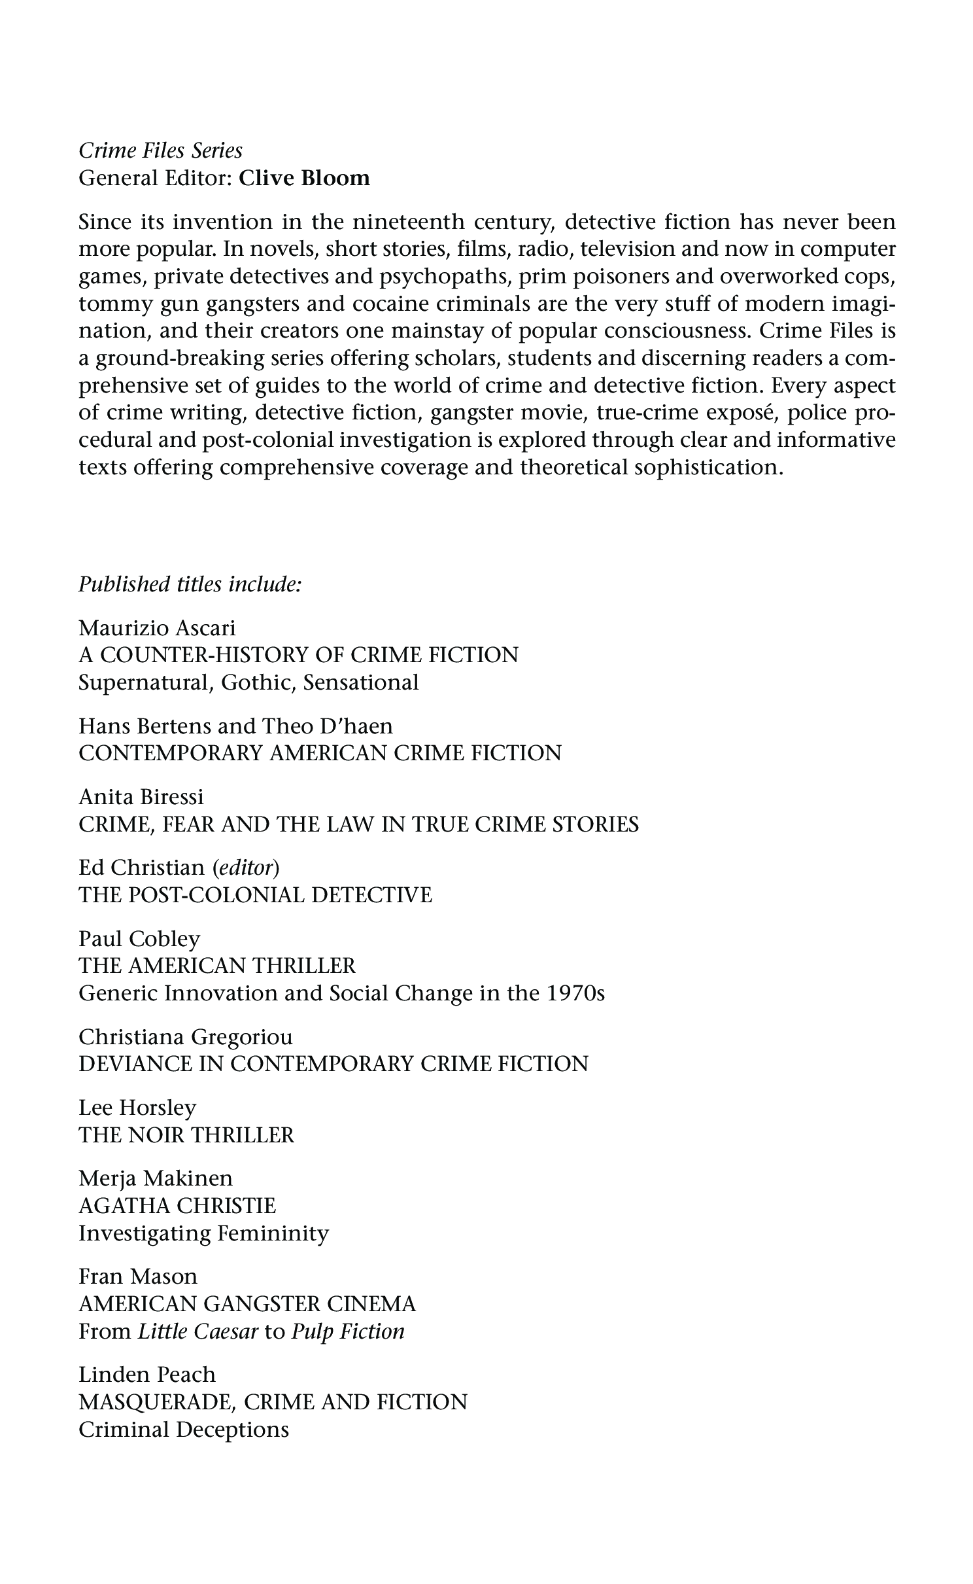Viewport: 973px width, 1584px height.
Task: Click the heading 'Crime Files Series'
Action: [x=160, y=151]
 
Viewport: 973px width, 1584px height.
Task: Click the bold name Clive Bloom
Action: [x=304, y=178]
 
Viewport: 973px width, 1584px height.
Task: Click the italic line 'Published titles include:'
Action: [x=190, y=584]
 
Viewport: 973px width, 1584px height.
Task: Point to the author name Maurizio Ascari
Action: [x=157, y=628]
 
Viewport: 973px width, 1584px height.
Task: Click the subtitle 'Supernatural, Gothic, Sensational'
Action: [x=248, y=683]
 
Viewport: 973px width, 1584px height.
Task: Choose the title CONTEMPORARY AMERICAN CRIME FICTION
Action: [x=320, y=753]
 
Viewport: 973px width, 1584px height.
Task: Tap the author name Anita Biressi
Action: [x=141, y=797]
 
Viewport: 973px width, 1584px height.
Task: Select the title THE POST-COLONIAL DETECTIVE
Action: [x=255, y=895]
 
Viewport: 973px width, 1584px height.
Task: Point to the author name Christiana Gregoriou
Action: [x=186, y=1037]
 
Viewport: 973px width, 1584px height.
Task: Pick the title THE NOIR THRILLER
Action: [x=186, y=1135]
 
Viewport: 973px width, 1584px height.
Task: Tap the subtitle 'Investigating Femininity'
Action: [x=203, y=1234]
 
